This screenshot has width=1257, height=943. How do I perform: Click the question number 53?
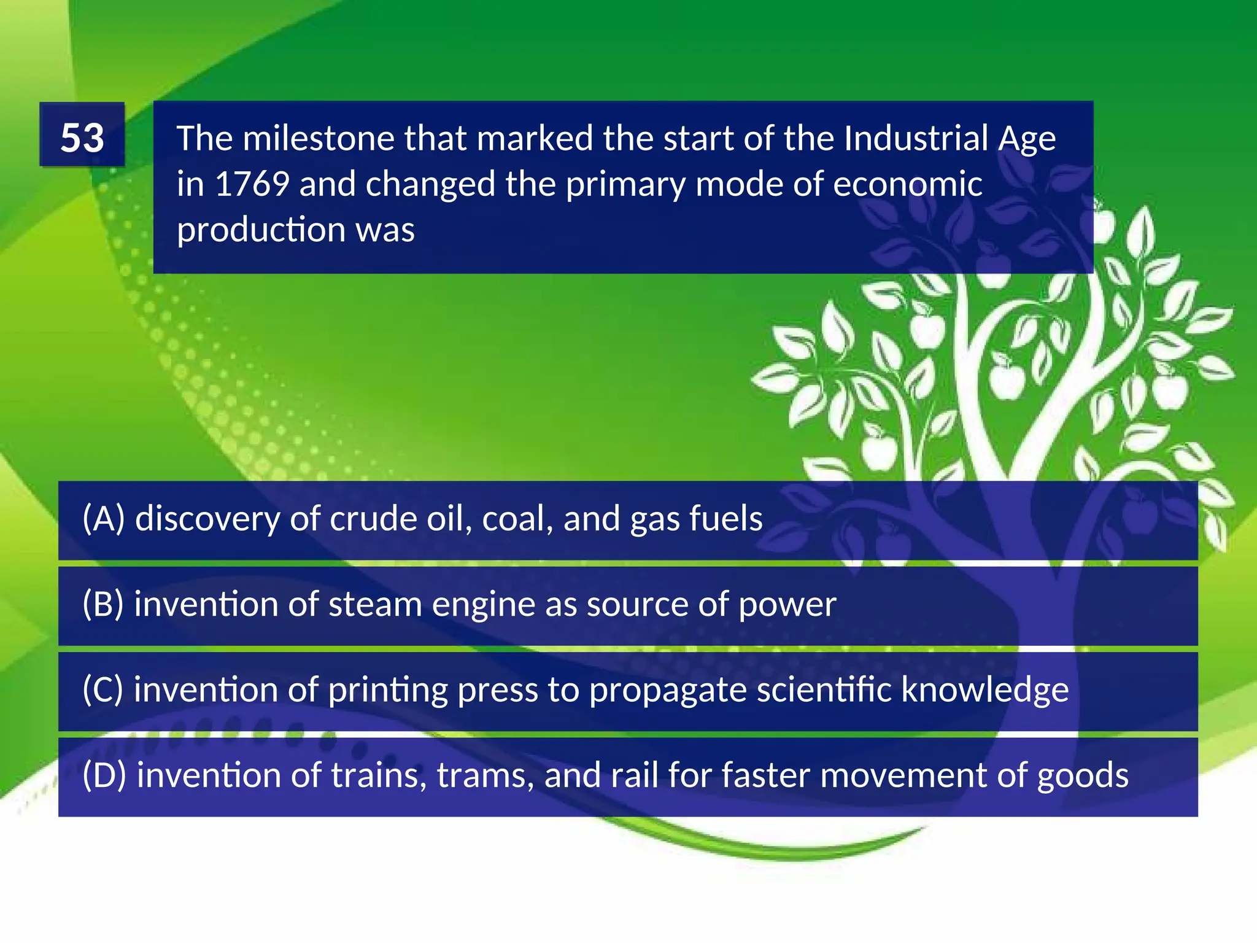point(82,137)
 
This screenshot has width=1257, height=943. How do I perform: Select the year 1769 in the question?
point(252,184)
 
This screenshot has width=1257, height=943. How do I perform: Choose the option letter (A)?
point(104,518)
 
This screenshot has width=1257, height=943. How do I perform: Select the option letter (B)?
point(103,604)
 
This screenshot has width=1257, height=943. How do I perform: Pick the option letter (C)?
point(103,689)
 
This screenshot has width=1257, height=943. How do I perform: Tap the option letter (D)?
point(104,775)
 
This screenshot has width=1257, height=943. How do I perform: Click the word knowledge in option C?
point(984,689)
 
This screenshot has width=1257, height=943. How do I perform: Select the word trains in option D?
point(379,775)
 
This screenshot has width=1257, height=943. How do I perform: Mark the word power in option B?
point(787,604)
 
